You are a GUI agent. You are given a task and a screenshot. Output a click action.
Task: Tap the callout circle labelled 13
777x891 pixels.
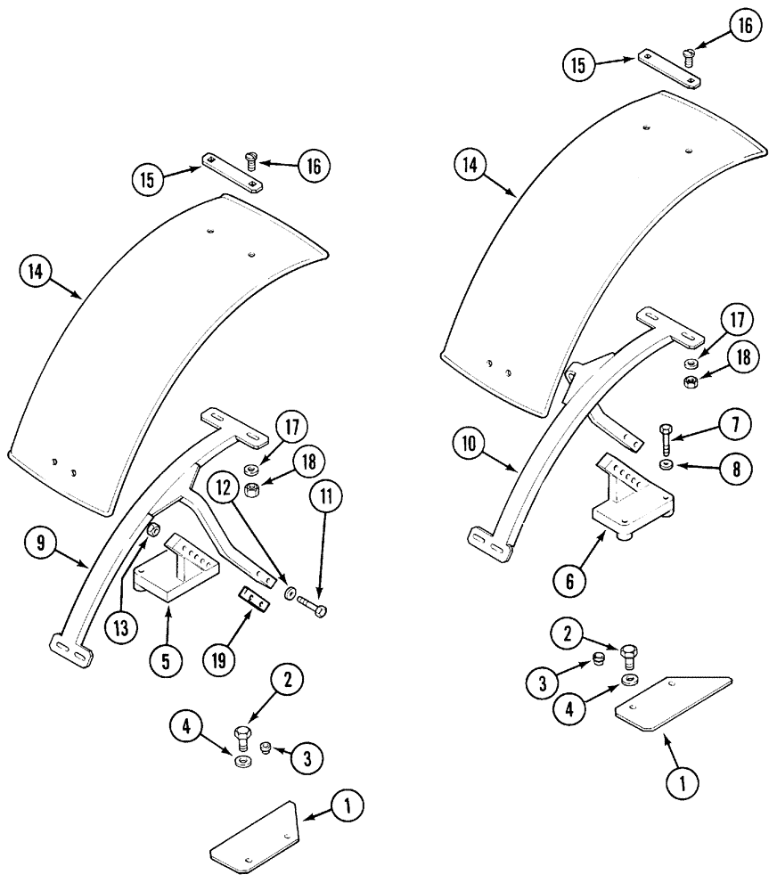121,628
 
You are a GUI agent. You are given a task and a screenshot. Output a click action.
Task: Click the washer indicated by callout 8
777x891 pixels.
667,465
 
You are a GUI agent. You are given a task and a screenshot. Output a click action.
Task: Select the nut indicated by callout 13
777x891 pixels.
152,532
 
